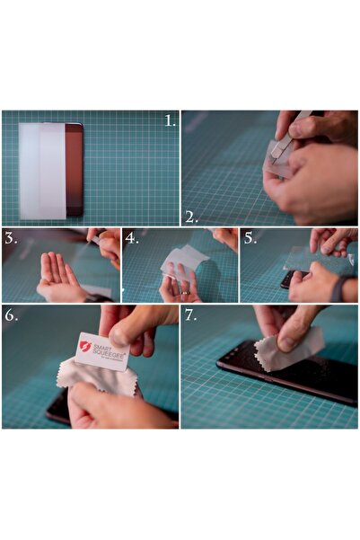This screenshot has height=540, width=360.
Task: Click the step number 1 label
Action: pyautogui.click(x=169, y=120)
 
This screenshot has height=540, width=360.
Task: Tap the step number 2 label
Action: pyautogui.click(x=190, y=216)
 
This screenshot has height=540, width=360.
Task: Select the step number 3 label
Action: pyautogui.click(x=12, y=238)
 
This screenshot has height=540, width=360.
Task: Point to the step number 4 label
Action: pyautogui.click(x=132, y=238)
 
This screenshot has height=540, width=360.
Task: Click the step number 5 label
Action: pyautogui.click(x=250, y=238)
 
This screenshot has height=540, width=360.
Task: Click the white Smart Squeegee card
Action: pyautogui.click(x=101, y=351)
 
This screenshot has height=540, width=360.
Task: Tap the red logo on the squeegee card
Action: pyautogui.click(x=85, y=346)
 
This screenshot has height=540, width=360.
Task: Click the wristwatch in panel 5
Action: pyautogui.click(x=336, y=288)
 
